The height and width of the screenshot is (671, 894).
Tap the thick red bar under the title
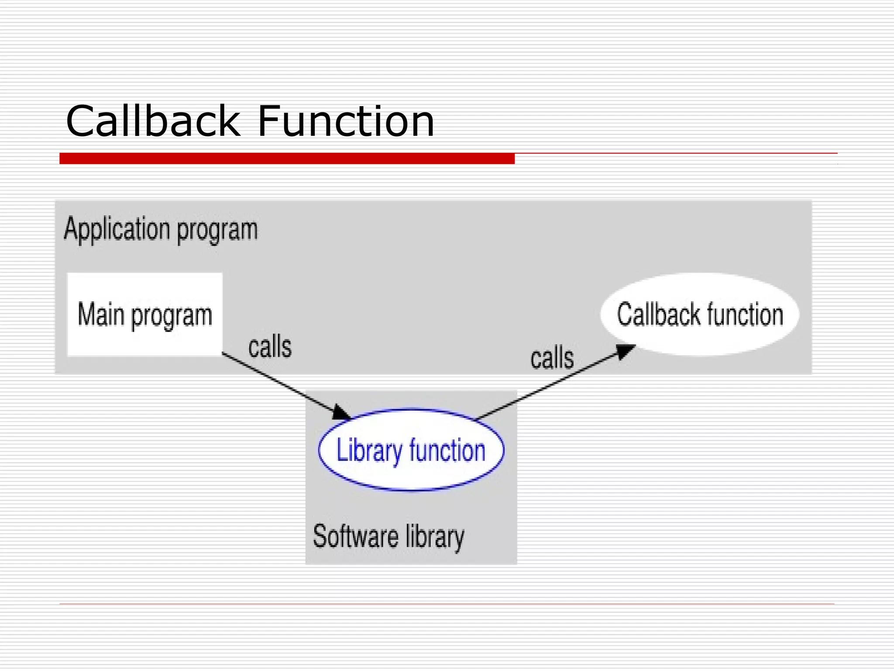287,159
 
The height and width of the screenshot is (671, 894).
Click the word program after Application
217,231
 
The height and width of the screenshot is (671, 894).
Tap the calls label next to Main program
270,347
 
